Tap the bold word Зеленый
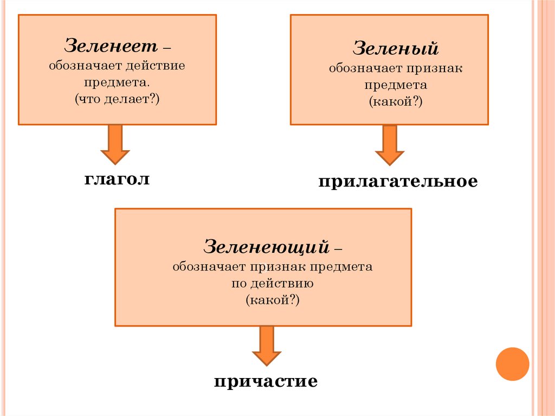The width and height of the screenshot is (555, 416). [x=396, y=49]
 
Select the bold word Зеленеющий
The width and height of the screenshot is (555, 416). [x=267, y=247]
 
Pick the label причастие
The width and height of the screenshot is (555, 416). [x=266, y=381]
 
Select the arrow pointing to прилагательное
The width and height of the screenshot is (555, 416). [x=390, y=145]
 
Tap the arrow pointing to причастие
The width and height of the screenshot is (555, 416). [x=267, y=345]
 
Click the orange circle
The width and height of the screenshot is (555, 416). [x=512, y=363]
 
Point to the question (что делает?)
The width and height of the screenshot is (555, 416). [x=118, y=100]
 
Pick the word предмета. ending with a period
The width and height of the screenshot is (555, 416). [x=118, y=83]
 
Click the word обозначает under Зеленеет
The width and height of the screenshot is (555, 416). [x=77, y=66]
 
